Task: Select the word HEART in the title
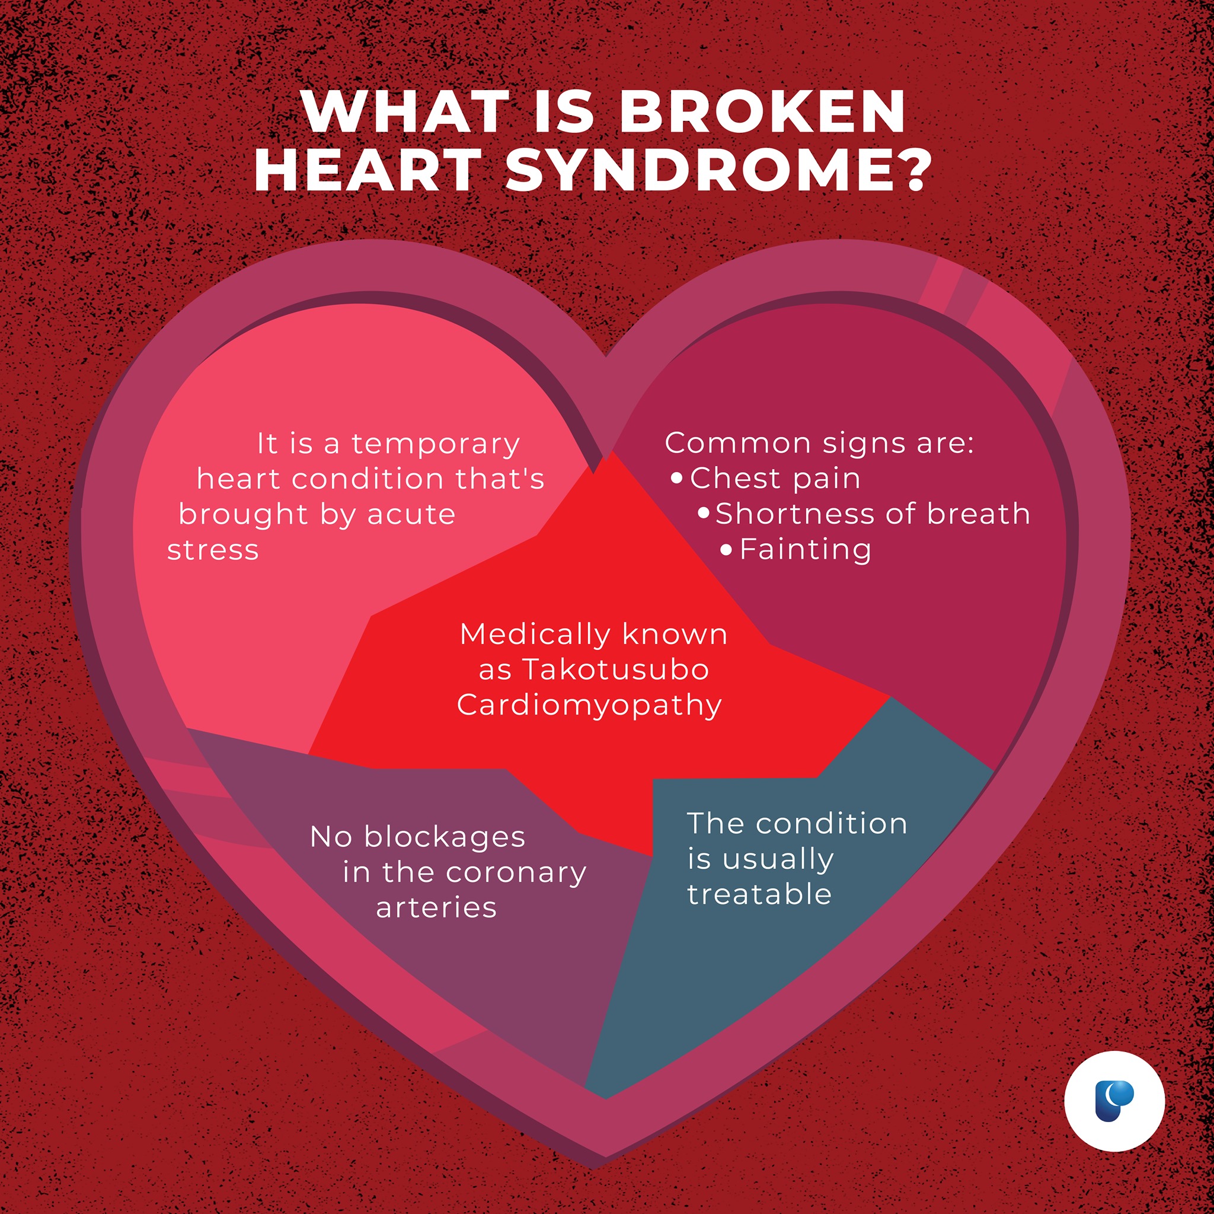[x=368, y=170]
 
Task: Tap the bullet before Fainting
[x=726, y=550]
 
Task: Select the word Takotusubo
[x=616, y=669]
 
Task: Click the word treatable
[x=759, y=893]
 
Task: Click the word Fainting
[x=806, y=550]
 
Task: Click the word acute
[x=411, y=515]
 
